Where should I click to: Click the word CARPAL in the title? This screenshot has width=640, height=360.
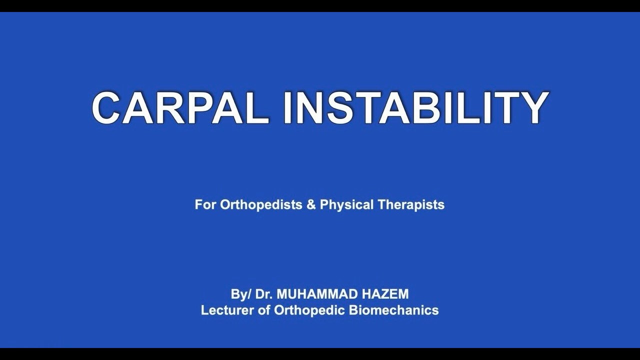(x=180, y=108)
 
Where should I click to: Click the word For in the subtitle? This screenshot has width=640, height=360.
(x=204, y=204)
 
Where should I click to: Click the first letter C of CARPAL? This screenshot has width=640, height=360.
(x=108, y=108)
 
